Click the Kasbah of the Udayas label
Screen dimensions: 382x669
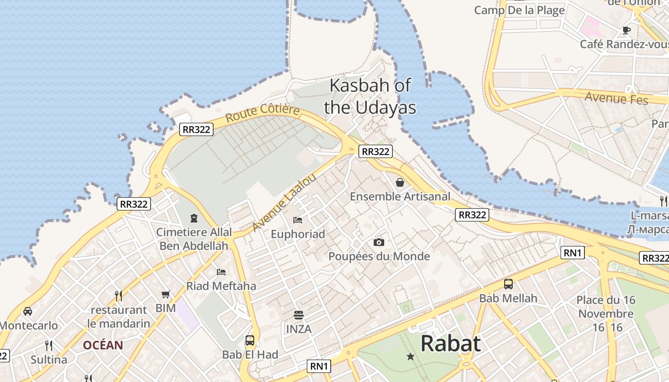(x=370, y=96)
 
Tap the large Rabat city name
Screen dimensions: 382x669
(x=450, y=343)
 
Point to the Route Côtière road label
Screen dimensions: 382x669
(x=262, y=113)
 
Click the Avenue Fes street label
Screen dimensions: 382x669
(x=616, y=98)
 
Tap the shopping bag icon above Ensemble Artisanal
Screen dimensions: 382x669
(x=400, y=182)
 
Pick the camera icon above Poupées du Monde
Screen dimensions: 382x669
(x=379, y=243)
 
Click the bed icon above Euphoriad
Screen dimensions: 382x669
(x=297, y=220)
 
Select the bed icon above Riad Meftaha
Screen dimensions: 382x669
(x=221, y=272)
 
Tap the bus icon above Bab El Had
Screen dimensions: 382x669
(x=250, y=340)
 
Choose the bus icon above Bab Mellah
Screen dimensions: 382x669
(x=508, y=284)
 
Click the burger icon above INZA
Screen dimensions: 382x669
(x=299, y=315)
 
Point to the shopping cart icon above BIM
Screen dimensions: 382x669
(x=166, y=294)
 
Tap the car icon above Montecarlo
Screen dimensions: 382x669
(x=28, y=311)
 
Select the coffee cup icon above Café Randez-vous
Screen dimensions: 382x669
(x=626, y=31)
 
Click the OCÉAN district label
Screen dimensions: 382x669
(x=103, y=345)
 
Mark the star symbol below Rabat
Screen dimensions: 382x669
(x=410, y=356)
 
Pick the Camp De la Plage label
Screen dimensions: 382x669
(x=519, y=10)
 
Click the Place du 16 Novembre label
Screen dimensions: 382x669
(x=605, y=307)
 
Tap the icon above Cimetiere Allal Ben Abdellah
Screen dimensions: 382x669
(x=194, y=218)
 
